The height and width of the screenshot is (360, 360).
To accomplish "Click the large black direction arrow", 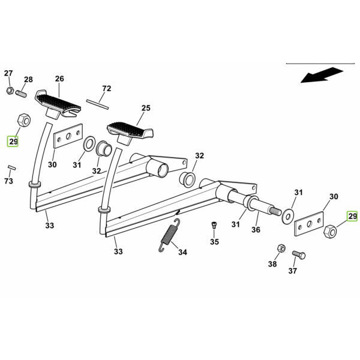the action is (322, 75).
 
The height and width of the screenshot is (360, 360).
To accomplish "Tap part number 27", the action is (8, 73).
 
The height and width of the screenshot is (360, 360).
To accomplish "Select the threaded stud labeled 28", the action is (21, 94).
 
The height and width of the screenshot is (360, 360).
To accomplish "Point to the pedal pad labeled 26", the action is (58, 104).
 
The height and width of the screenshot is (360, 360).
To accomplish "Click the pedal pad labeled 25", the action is (130, 133).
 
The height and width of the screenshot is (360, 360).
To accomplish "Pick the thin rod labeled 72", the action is (97, 104).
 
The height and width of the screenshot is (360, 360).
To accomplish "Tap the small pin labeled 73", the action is (12, 167).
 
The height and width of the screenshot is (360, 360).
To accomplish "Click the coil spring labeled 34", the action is (169, 235).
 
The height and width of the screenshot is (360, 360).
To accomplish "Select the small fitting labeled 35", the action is (214, 225).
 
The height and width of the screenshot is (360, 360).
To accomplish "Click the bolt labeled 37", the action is (299, 254).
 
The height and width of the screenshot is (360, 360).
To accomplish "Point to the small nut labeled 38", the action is (281, 248).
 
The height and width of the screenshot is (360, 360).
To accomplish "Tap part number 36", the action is (256, 230).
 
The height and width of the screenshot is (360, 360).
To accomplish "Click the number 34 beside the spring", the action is (183, 252).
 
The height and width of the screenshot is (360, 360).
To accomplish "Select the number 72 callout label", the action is (107, 88).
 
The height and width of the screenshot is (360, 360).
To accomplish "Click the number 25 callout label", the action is (146, 108).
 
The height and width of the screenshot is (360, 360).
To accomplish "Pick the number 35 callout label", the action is (214, 242).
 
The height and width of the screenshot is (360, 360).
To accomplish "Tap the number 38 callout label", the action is (272, 264).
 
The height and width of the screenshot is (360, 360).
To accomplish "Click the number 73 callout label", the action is (8, 181).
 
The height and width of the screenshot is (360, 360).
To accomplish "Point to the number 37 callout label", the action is (293, 271).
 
